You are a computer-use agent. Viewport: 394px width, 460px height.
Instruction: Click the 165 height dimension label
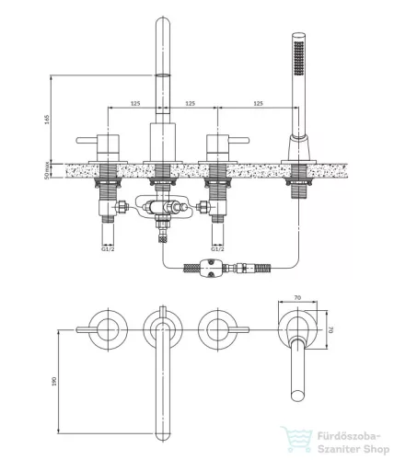[47, 120]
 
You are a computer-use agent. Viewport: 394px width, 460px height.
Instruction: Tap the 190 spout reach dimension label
[54, 381]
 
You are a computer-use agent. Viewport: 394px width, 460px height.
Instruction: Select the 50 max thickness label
[47, 170]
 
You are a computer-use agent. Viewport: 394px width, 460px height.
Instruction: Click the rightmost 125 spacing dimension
[258, 103]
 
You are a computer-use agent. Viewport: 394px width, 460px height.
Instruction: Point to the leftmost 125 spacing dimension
[135, 103]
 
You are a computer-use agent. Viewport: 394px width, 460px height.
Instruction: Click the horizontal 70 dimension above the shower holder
[297, 297]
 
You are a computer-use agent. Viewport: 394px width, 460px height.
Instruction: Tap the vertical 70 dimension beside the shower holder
[330, 329]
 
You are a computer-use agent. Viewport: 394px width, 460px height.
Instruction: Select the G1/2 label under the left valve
[108, 248]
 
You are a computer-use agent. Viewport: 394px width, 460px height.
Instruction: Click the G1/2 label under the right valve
[217, 248]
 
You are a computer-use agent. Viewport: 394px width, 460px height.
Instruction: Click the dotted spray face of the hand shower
[298, 58]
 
